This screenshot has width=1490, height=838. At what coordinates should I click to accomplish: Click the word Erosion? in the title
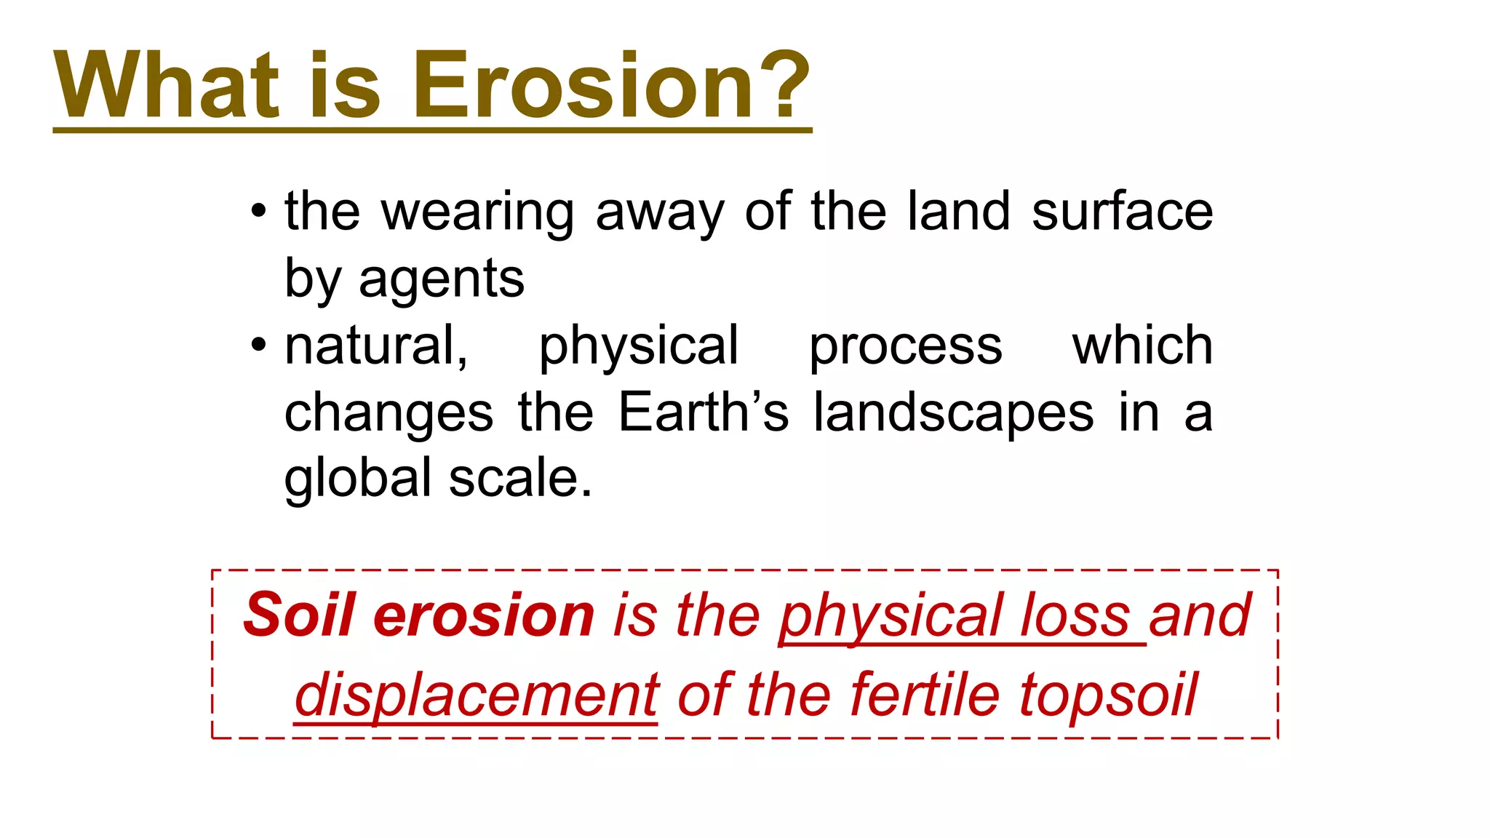point(611,85)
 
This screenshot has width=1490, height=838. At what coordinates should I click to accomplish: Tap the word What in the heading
point(167,85)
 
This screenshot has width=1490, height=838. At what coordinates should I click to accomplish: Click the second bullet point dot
point(258,346)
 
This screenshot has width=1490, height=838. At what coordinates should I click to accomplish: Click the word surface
point(1122,212)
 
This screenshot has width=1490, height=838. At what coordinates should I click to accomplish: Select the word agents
point(441,280)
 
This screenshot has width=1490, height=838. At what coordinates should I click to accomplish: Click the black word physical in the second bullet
point(638,347)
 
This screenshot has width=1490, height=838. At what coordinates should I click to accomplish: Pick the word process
point(906,347)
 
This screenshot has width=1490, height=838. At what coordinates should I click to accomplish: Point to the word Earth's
point(703,412)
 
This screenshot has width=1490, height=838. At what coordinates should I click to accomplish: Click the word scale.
point(519,479)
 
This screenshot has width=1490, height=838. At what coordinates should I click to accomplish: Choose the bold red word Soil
point(300,615)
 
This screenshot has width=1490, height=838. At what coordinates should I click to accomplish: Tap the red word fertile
point(924,695)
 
